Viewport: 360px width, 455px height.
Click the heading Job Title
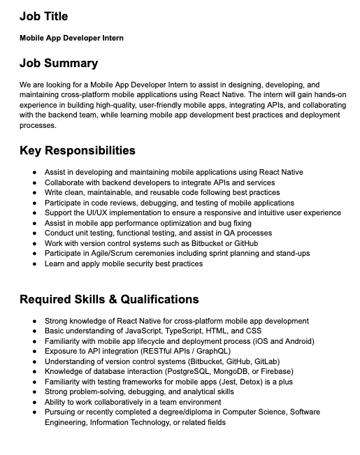43,15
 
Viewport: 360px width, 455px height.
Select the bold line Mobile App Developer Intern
71,38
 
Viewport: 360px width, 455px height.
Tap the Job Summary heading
59,63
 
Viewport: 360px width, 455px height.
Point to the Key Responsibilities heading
77,150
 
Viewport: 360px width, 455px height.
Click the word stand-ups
290,253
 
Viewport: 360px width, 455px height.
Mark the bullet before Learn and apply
35,263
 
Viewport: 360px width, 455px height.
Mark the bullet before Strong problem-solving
35,392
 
